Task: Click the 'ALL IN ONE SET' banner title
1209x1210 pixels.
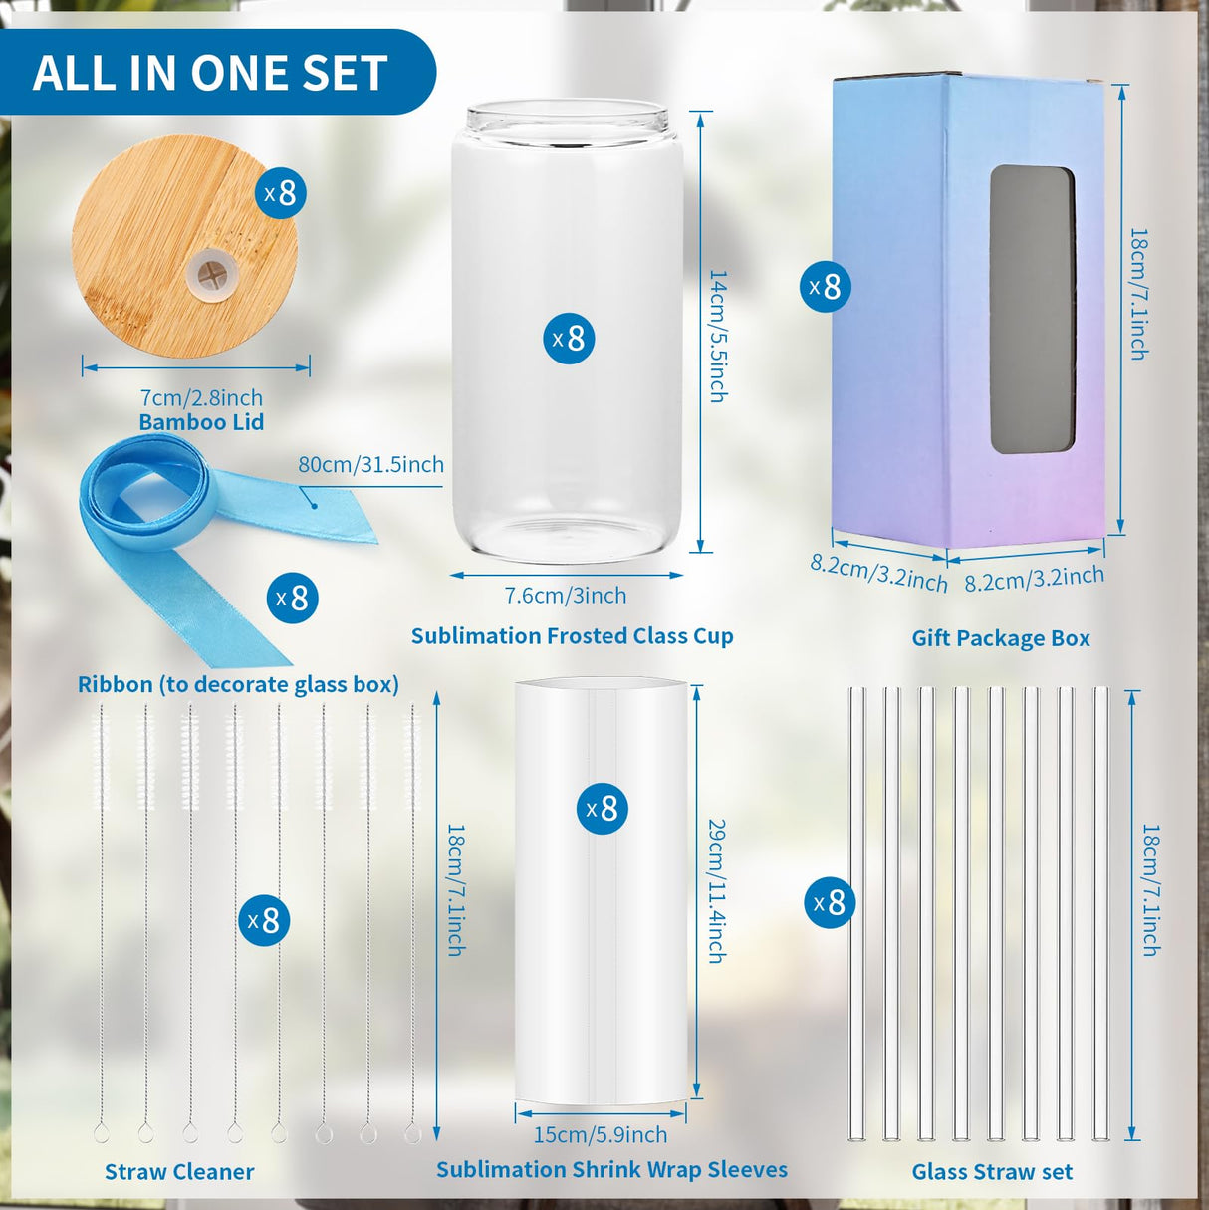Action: [210, 73]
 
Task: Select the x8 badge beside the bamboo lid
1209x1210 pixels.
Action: [280, 192]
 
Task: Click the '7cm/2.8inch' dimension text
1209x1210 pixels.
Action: [201, 397]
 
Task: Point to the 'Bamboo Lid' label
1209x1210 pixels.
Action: [201, 422]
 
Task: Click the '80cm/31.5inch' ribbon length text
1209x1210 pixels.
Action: [370, 464]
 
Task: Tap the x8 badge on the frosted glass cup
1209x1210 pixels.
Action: [569, 338]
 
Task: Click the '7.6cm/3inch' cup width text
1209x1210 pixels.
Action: [566, 596]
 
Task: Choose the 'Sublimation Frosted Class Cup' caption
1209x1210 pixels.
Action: [572, 636]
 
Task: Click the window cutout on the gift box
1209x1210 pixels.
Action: [1032, 310]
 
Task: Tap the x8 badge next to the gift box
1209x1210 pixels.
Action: [826, 287]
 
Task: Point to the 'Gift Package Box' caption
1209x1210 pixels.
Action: [1001, 638]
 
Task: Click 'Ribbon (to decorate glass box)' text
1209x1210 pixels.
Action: [238, 684]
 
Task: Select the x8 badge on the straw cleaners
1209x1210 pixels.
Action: [264, 920]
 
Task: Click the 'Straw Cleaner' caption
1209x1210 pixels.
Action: [179, 1172]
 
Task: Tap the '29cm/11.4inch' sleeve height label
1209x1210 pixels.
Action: [716, 890]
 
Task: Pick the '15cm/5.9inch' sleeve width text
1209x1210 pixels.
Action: [601, 1134]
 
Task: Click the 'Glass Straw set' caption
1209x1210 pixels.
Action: [992, 1172]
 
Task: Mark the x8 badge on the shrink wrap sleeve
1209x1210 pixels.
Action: [603, 808]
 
